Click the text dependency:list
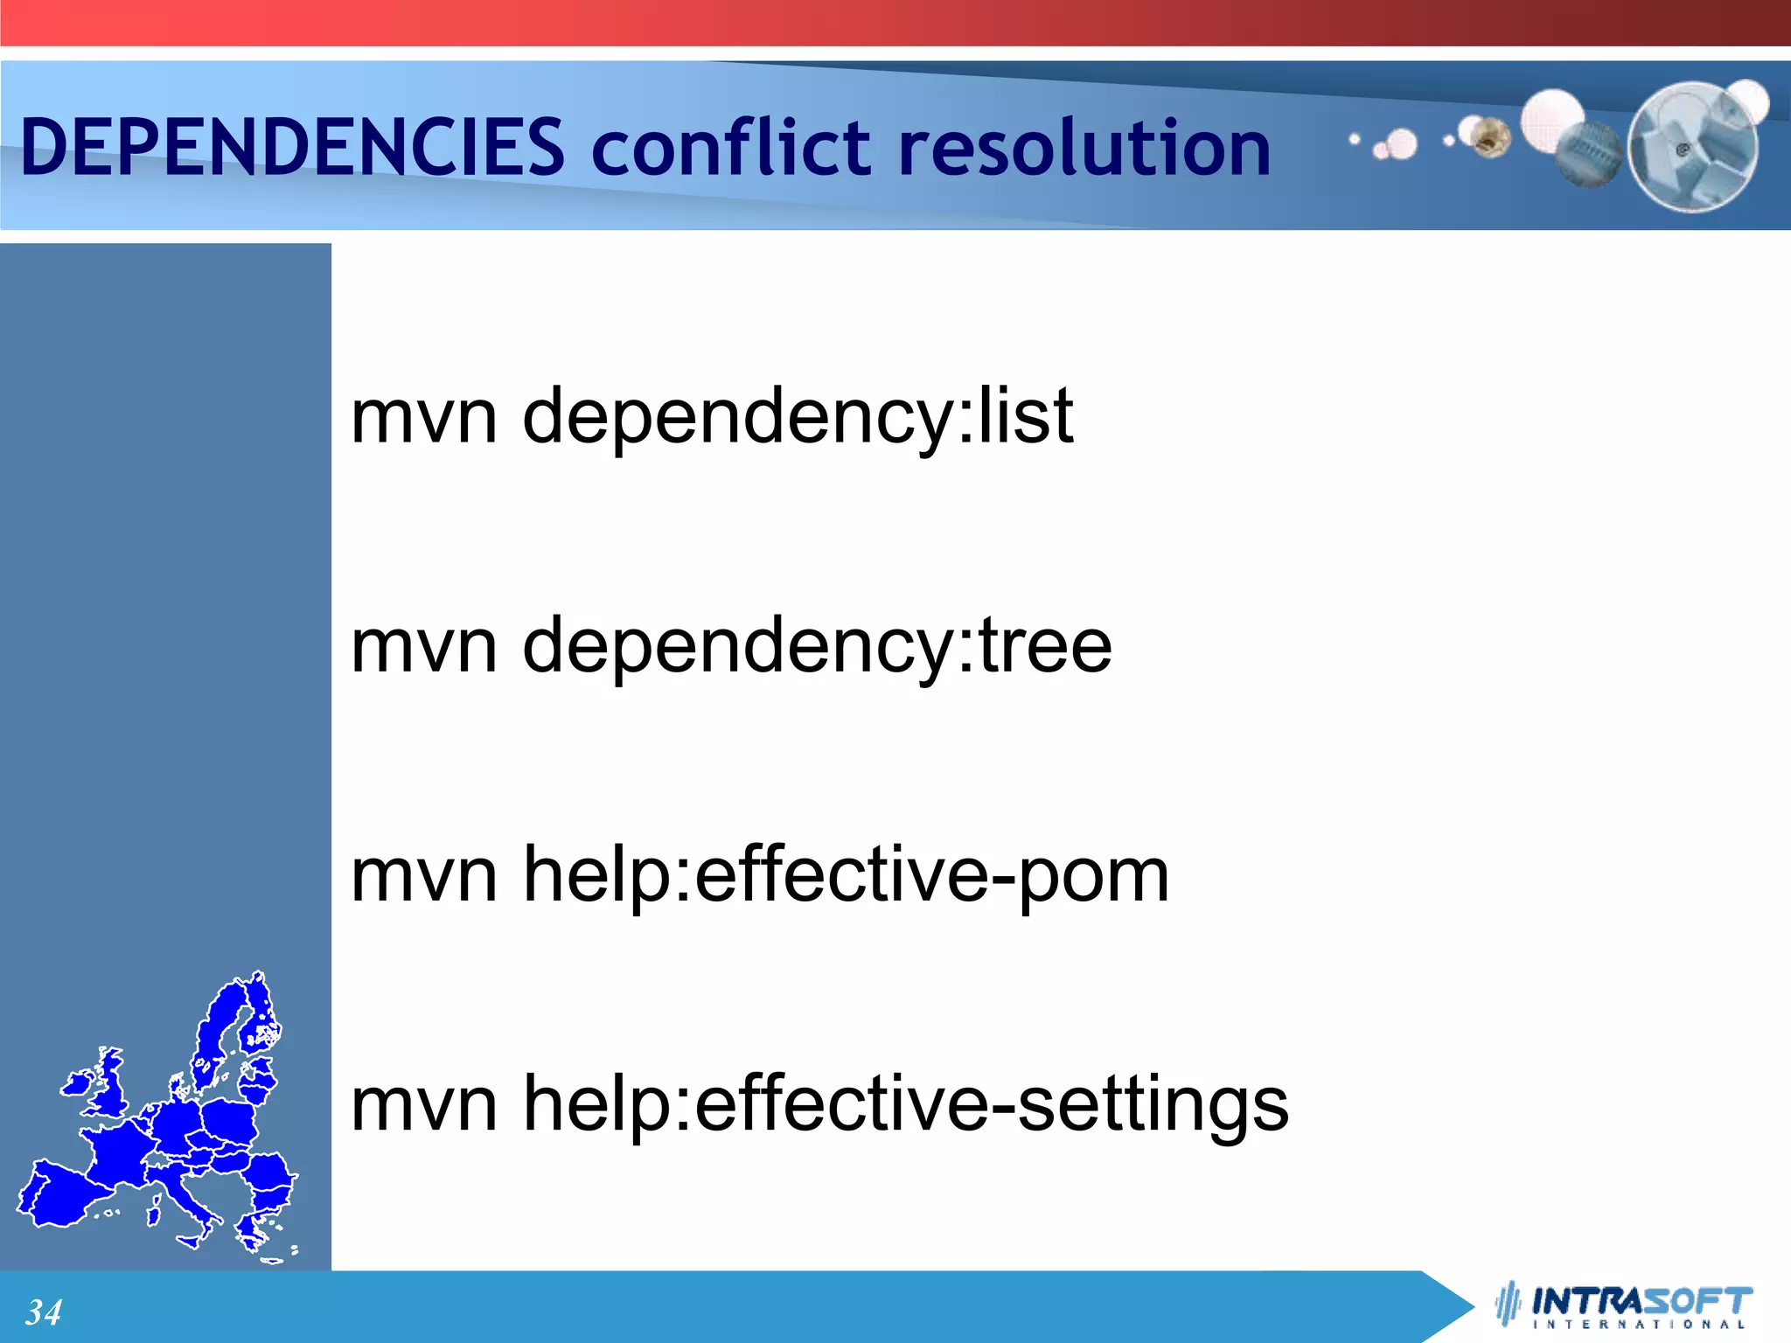[798, 418]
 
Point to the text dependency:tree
[817, 647]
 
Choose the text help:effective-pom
[846, 876]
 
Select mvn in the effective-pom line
[424, 878]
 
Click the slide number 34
[43, 1312]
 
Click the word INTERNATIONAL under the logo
[1641, 1325]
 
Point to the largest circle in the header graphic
[1692, 147]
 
